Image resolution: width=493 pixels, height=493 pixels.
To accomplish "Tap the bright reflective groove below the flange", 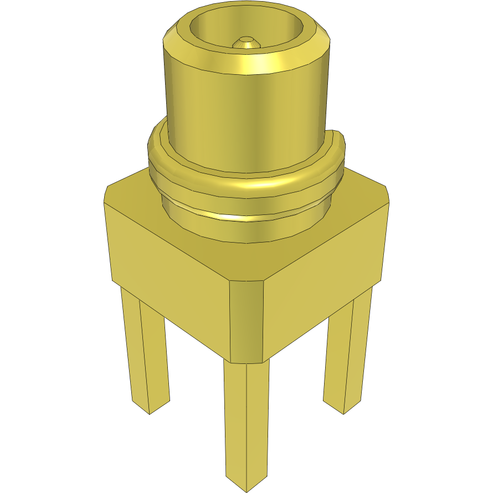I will [244, 216].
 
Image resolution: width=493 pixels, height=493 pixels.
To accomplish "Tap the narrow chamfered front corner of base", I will [246, 321].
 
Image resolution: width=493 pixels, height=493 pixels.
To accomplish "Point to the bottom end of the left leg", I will [150, 407].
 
